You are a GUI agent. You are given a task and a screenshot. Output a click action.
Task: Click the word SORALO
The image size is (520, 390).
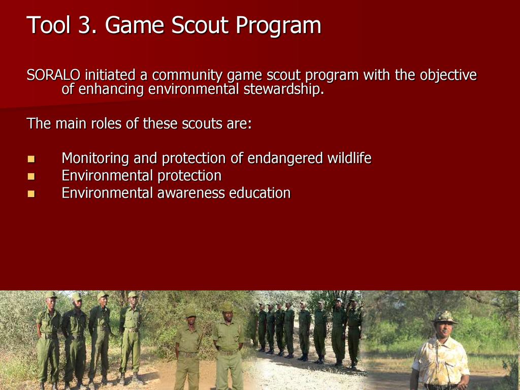[53, 75]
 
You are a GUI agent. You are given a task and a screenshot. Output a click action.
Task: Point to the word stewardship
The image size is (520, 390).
[283, 89]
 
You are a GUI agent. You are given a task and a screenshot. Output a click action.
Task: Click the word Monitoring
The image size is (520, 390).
[95, 158]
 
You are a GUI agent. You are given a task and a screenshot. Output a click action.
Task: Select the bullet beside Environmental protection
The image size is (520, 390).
[31, 176]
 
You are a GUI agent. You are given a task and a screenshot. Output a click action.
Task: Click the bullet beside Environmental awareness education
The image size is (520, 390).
[31, 193]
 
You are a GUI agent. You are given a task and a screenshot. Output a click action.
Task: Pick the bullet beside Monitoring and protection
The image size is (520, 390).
[31, 159]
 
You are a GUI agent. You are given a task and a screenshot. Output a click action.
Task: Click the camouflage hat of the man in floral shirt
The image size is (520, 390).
[445, 317]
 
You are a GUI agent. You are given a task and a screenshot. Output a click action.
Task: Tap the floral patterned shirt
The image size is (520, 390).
[441, 361]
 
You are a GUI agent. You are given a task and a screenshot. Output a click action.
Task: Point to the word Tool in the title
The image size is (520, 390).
[49, 25]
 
